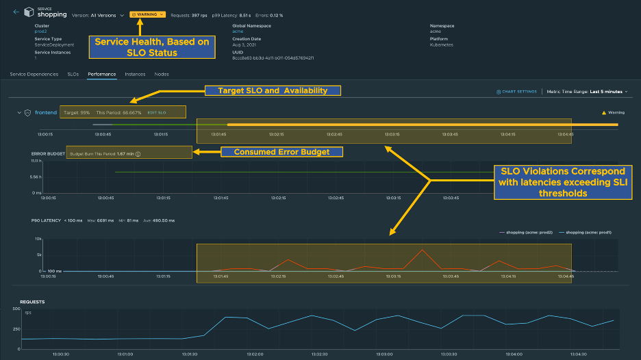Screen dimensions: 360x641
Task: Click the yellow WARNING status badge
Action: [x=147, y=14]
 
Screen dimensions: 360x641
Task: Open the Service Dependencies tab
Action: [x=34, y=74]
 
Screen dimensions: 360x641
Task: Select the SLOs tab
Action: [x=73, y=74]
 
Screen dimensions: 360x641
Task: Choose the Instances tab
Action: [x=135, y=74]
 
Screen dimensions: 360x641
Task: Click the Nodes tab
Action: [x=162, y=74]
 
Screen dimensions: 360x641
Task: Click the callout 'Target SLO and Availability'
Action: [x=273, y=90]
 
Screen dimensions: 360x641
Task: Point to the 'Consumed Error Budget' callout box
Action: [x=281, y=152]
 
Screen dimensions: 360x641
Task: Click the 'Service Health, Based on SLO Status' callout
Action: [x=151, y=47]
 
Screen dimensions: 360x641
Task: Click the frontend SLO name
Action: [x=45, y=112]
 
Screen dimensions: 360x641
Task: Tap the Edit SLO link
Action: [x=157, y=112]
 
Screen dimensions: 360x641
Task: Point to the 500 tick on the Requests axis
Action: [x=16, y=309]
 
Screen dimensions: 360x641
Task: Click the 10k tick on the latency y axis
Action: [x=39, y=239]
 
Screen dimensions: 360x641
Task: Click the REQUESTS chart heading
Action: [x=32, y=300]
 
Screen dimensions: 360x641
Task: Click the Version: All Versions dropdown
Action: [x=98, y=14]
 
